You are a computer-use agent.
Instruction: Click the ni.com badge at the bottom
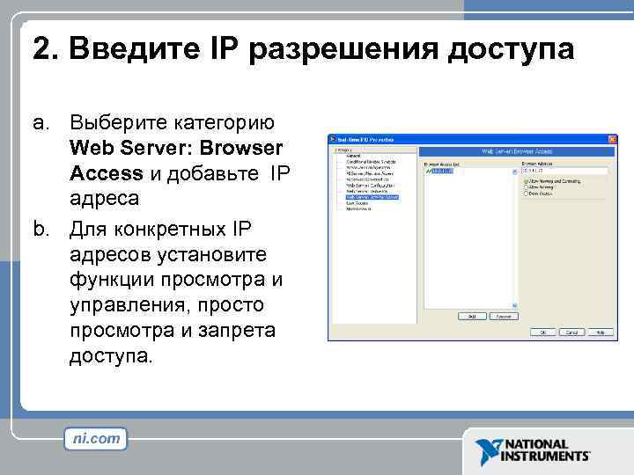[x=96, y=439]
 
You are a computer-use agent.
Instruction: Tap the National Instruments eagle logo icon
[x=488, y=451]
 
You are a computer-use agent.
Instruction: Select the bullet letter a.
[x=41, y=122]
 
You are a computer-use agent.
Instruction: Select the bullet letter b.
[x=41, y=230]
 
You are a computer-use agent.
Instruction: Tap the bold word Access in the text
[x=106, y=173]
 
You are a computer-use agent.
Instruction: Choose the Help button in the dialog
[x=601, y=332]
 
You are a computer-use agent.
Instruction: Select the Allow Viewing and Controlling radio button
[x=525, y=180]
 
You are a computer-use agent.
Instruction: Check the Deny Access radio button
[x=525, y=193]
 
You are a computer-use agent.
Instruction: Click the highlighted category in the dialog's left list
[x=372, y=197]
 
